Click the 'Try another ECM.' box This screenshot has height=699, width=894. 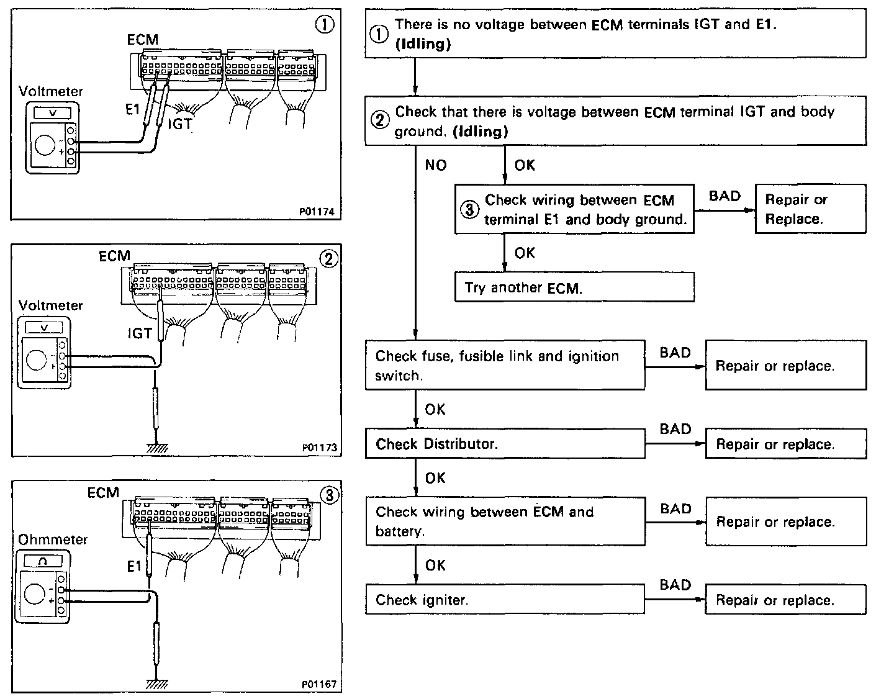[574, 287]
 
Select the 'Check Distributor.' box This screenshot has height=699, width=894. [505, 444]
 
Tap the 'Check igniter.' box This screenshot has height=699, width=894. [505, 600]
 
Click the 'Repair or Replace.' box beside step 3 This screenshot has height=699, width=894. [810, 209]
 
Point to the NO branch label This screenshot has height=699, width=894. [436, 165]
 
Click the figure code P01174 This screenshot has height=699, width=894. [316, 212]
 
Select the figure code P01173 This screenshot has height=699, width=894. [319, 447]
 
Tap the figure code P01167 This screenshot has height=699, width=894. [318, 684]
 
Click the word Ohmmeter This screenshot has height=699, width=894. [53, 539]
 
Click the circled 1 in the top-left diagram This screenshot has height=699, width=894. [325, 24]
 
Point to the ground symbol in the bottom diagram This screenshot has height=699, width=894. [153, 684]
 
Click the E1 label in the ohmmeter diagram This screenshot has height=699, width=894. [134, 566]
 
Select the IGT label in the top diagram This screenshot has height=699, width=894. [180, 124]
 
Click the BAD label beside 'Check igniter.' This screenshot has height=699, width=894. [675, 585]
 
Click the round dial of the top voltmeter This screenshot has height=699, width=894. [44, 145]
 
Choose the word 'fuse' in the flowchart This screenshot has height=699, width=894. [436, 356]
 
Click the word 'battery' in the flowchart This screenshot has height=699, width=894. [399, 531]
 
